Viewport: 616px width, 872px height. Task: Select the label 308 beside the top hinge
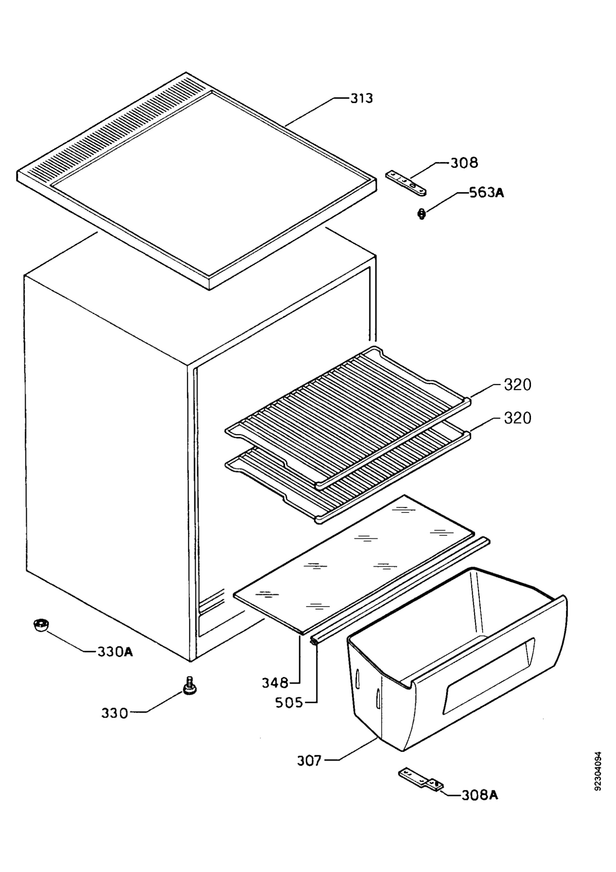click(x=464, y=163)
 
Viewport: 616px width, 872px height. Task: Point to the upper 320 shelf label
click(x=517, y=385)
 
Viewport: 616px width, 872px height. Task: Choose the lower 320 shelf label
click(x=517, y=418)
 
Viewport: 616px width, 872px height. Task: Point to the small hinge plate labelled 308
click(x=406, y=184)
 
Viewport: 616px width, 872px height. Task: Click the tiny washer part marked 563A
click(x=421, y=215)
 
